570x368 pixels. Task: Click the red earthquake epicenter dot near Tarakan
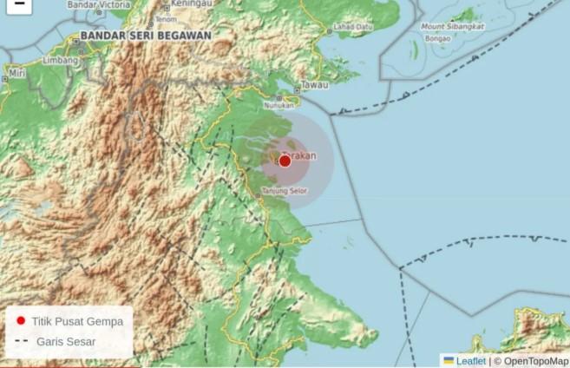click(x=285, y=161)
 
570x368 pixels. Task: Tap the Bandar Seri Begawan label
click(x=145, y=36)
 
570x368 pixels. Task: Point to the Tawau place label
click(x=313, y=87)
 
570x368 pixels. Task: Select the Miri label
click(x=15, y=76)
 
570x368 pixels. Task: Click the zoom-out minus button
click(x=18, y=4)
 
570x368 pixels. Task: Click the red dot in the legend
click(x=21, y=320)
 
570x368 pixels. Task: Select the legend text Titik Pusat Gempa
click(x=77, y=321)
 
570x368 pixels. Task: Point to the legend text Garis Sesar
click(x=66, y=342)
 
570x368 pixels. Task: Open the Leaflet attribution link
click(x=471, y=360)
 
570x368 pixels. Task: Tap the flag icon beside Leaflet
click(x=449, y=360)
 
